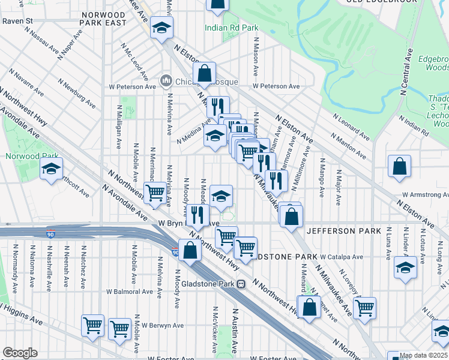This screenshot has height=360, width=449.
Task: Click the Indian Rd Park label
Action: [231, 28]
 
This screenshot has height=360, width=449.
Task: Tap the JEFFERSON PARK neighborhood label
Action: [343, 231]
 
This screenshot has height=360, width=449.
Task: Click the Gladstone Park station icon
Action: [241, 284]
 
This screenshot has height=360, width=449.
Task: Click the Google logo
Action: [20, 353]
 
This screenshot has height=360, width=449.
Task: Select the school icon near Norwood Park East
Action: [161, 28]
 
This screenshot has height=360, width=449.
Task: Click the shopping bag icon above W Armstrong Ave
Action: [399, 167]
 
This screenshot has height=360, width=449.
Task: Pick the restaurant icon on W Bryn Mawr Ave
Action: [197, 215]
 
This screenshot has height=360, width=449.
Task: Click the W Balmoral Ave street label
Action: [130, 292]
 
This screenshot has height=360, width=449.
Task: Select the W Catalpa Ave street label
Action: [341, 257]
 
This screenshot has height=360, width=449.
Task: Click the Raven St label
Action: [17, 20]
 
